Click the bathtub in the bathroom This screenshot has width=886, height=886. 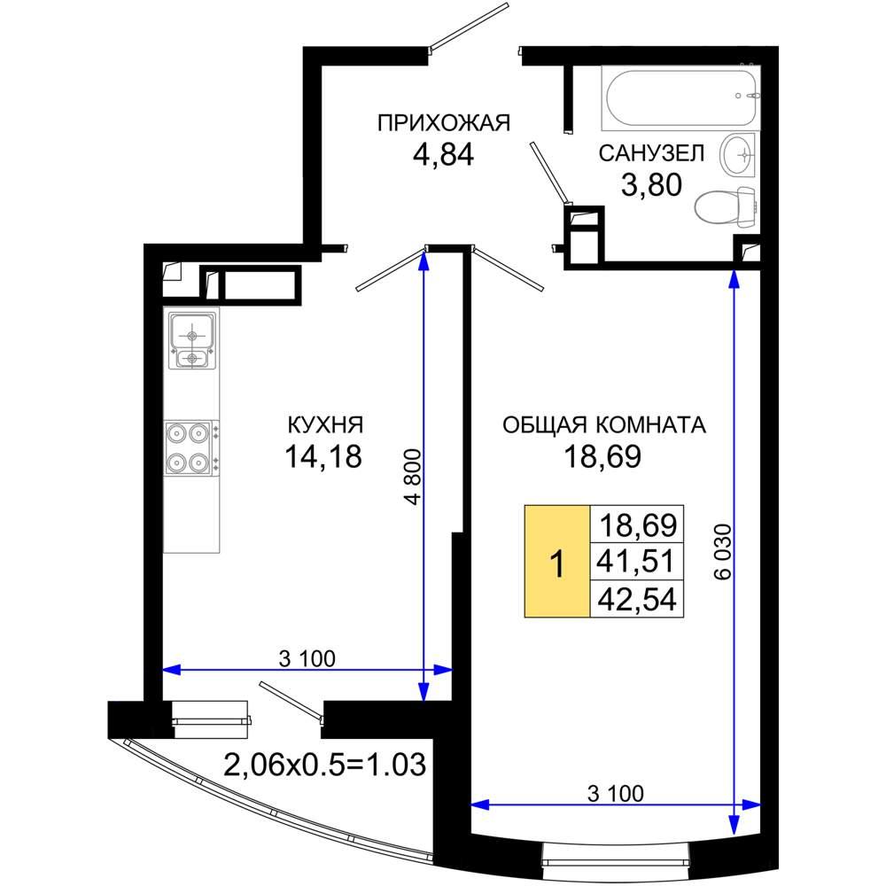point(680,97)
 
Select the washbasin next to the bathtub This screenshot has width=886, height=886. point(737,152)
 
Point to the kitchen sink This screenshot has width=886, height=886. point(192,341)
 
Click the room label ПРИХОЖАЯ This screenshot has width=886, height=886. point(444,122)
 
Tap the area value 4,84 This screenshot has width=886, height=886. point(444,154)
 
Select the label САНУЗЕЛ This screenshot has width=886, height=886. point(651,153)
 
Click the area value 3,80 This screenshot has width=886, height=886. point(651,185)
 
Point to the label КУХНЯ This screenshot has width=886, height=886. point(325,425)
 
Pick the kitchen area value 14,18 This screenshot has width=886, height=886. point(323,456)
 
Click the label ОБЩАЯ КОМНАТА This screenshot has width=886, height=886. point(604,425)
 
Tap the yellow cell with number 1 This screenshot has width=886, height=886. point(557,561)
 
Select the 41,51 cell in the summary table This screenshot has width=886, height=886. point(637,561)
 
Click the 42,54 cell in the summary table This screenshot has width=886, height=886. point(637,598)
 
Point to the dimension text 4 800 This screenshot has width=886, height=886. point(413,477)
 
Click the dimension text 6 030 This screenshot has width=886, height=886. point(723,552)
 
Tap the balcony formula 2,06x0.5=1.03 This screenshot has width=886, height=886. point(325,766)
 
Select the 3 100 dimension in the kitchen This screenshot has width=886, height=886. point(307,658)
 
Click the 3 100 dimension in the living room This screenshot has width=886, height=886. point(616,793)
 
